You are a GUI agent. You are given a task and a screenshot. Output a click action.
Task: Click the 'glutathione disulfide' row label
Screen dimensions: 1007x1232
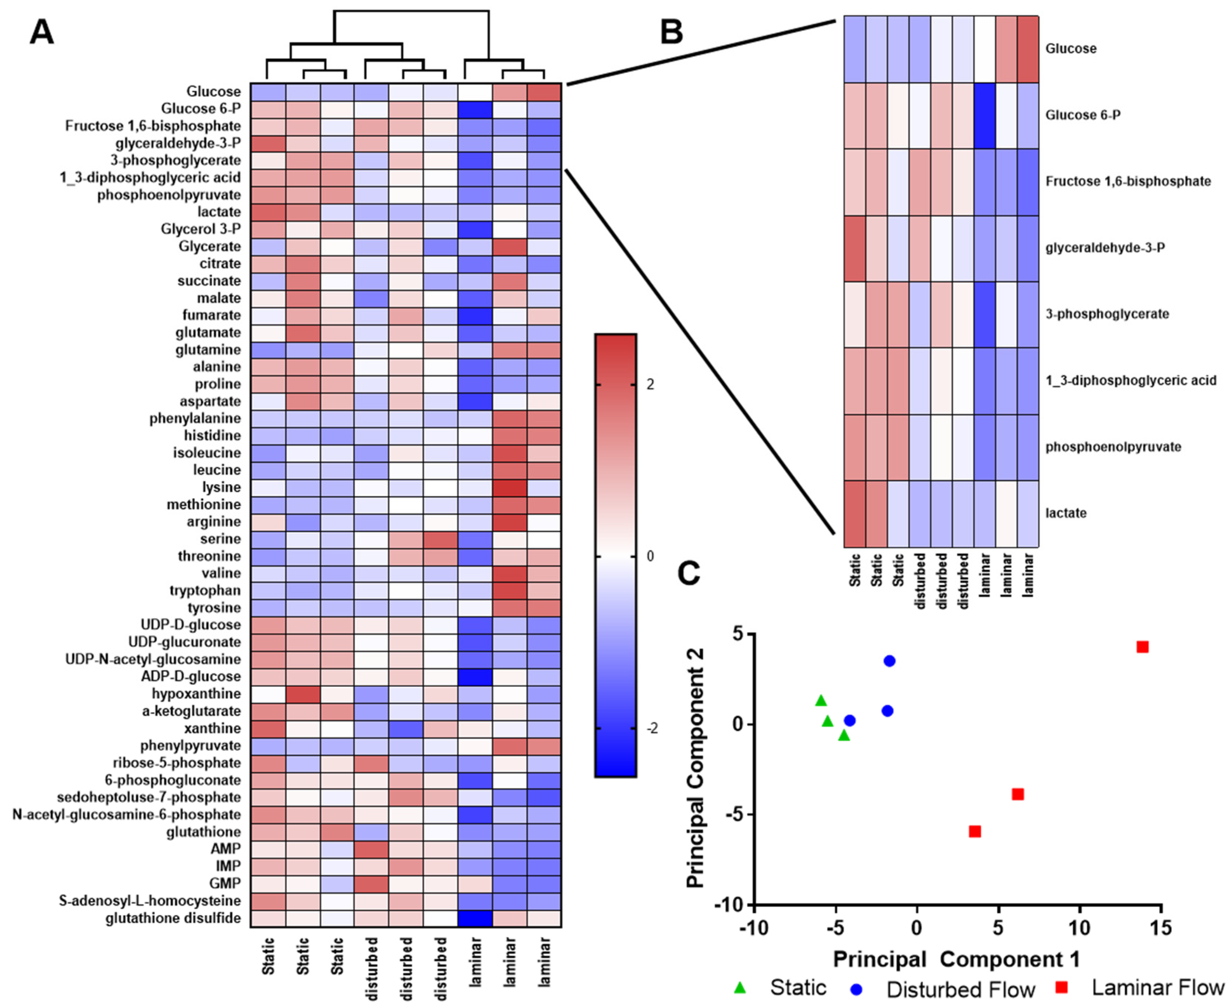point(173,918)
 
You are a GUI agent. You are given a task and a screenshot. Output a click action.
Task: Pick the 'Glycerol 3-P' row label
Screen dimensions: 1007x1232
point(200,229)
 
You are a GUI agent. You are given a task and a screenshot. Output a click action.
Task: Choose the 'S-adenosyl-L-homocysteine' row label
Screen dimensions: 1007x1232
point(150,901)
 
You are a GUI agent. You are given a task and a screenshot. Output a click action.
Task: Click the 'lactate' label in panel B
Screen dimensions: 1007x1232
point(1066,513)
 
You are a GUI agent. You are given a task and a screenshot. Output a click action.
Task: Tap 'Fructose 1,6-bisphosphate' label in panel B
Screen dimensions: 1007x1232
point(1127,182)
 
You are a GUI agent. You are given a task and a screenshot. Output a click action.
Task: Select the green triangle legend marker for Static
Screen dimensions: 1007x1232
point(739,987)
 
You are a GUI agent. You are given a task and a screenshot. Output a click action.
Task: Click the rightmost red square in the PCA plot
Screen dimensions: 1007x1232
point(1142,647)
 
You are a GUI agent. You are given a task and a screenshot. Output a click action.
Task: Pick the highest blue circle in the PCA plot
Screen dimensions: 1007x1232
point(889,661)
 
